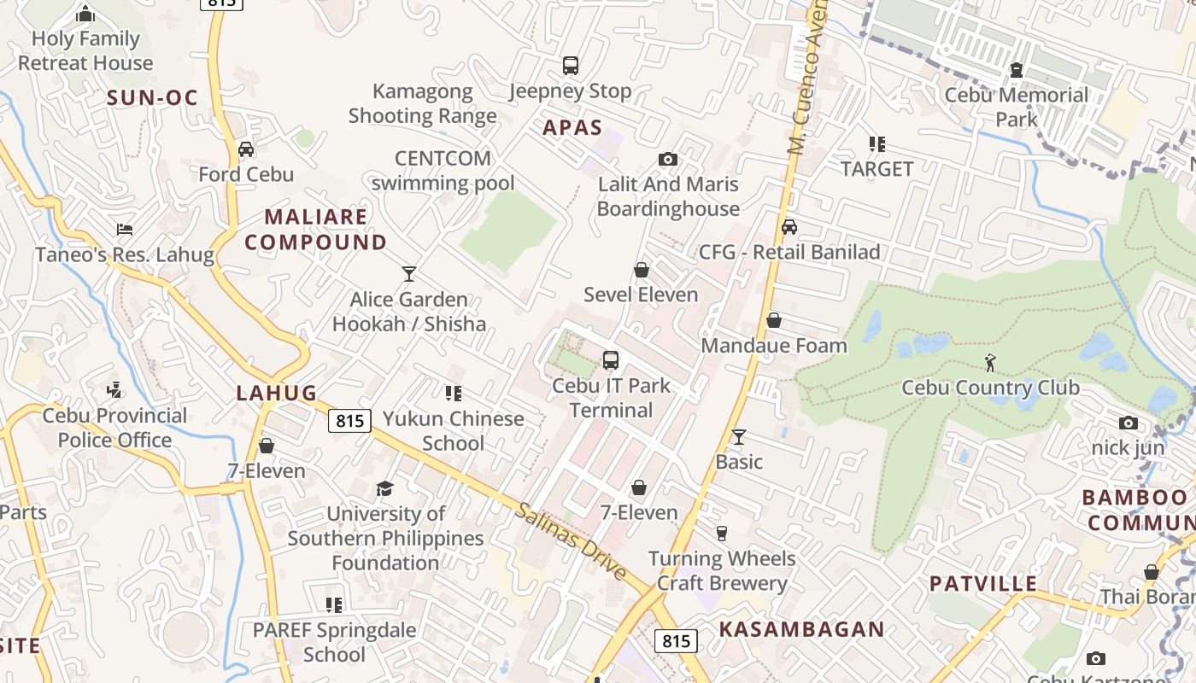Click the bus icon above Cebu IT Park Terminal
point(611,360)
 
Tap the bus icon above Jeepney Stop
point(570,66)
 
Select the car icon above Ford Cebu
point(246,149)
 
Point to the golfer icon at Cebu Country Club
point(990,363)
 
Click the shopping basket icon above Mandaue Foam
point(773,320)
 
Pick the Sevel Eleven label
point(641,295)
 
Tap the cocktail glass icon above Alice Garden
point(409,274)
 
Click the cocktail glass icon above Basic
point(739,437)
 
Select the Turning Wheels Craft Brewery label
point(722,571)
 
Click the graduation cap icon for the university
point(385,488)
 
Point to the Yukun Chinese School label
point(454,430)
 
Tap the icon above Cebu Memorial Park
point(1017,70)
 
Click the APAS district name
point(572,128)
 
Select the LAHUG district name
point(276,394)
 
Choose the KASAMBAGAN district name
point(801,629)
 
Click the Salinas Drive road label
point(572,542)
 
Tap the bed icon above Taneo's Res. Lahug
point(125,230)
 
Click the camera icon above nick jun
point(1129,423)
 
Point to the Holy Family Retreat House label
point(85,50)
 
